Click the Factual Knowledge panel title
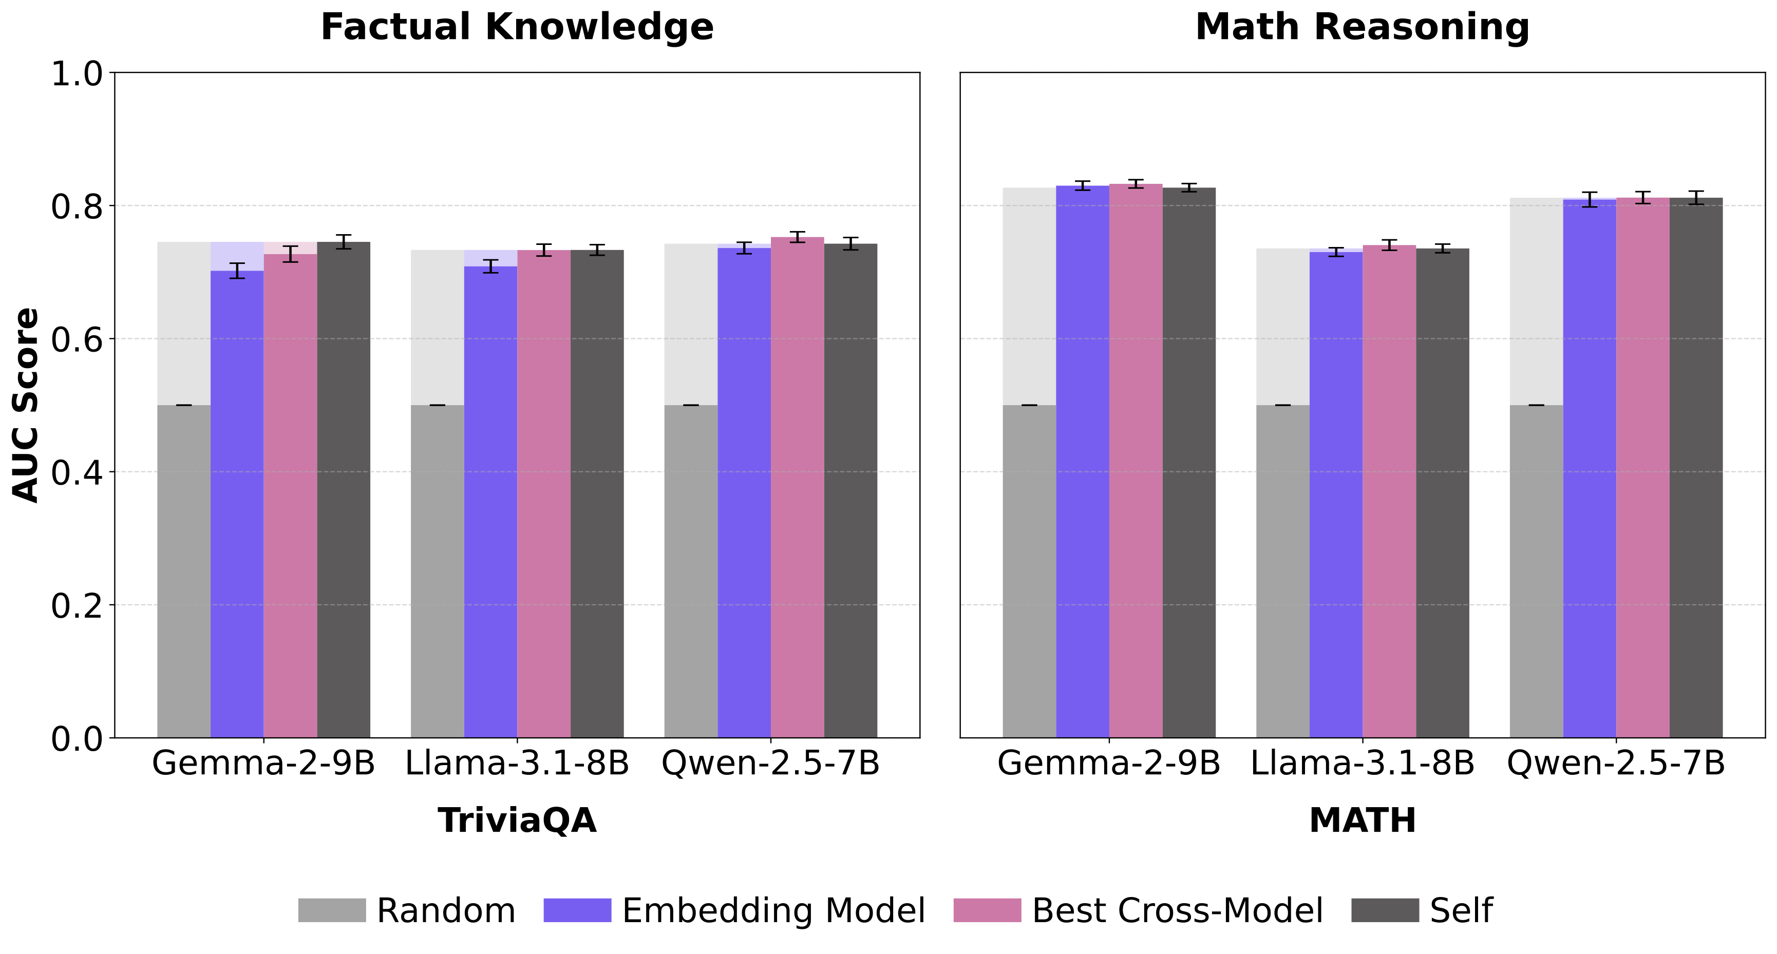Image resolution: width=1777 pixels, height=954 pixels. click(x=517, y=28)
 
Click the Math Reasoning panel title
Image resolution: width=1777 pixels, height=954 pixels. click(x=1363, y=28)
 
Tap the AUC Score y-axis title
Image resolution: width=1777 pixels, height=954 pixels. click(x=26, y=405)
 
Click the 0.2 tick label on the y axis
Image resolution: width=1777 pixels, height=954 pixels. click(x=77, y=606)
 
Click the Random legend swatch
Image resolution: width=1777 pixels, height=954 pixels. click(x=332, y=910)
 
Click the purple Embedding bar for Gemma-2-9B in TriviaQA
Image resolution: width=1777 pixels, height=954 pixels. click(x=237, y=504)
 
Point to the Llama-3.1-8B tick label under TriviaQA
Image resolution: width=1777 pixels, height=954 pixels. click(x=517, y=764)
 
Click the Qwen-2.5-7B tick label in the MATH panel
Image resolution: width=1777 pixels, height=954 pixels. click(x=1616, y=764)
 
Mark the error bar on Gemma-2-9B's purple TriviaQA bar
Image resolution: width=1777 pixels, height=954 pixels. click(x=237, y=271)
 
